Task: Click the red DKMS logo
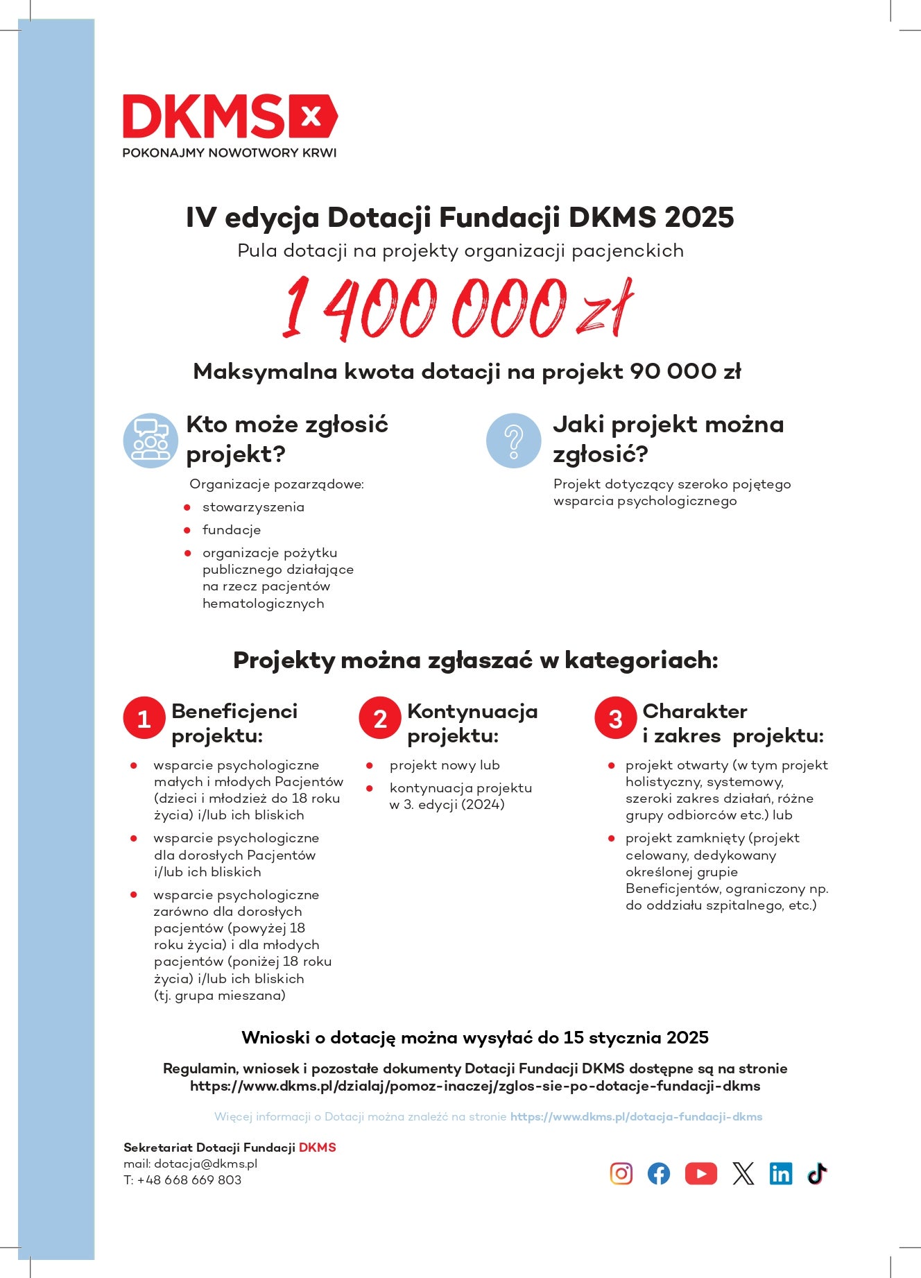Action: (x=230, y=117)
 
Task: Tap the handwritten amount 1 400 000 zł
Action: (x=458, y=308)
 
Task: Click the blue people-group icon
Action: (x=150, y=440)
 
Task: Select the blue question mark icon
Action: (x=513, y=440)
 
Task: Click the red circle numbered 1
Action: (x=144, y=719)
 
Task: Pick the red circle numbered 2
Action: (x=380, y=719)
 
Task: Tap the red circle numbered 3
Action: (x=615, y=719)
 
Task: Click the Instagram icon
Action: (x=621, y=1173)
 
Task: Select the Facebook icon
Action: (x=659, y=1173)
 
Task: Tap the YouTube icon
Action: (x=700, y=1173)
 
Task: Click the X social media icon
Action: (x=743, y=1173)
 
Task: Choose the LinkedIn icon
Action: (x=781, y=1173)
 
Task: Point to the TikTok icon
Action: (x=817, y=1173)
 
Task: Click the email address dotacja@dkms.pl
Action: (x=205, y=1164)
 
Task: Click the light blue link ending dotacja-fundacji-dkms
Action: (x=636, y=1116)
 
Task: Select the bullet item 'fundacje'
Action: (x=232, y=530)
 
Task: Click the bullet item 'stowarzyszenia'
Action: (x=253, y=507)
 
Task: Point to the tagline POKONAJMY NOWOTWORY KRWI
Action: (x=230, y=153)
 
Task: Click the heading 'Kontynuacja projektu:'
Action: (x=472, y=723)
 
